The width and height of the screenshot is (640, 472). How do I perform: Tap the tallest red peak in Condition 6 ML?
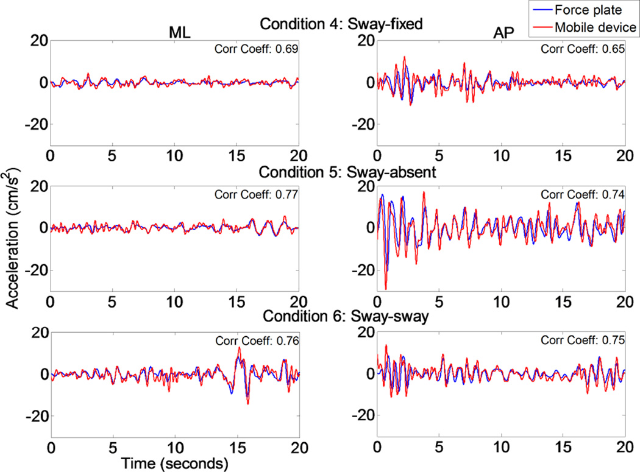[239, 348]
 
